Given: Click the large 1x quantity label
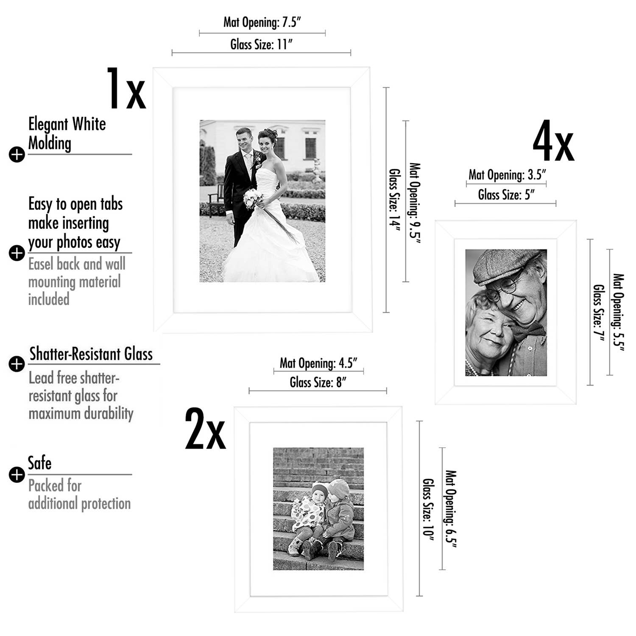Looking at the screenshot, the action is pos(126,89).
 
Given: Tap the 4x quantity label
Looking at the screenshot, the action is pos(553,141).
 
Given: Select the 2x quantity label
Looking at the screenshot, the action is pos(205,429).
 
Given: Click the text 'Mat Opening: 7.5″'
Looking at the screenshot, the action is pos(262,22).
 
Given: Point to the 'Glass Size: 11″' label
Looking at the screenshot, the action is pos(262,44).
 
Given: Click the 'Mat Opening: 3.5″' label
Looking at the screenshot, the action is pos(507,175).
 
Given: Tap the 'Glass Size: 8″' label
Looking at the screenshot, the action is pos(318,382).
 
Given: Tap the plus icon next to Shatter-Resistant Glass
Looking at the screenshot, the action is pos(17,364).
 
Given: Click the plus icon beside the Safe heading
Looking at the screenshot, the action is pos(17,474).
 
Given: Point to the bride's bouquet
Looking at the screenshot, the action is pos(254,198).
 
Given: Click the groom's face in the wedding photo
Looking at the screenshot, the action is pos(244,139).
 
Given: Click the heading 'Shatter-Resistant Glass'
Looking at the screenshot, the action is pos(91,354).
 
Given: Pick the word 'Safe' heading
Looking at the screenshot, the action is pos(39,463).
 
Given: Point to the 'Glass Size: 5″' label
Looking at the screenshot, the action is pos(506,195).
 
